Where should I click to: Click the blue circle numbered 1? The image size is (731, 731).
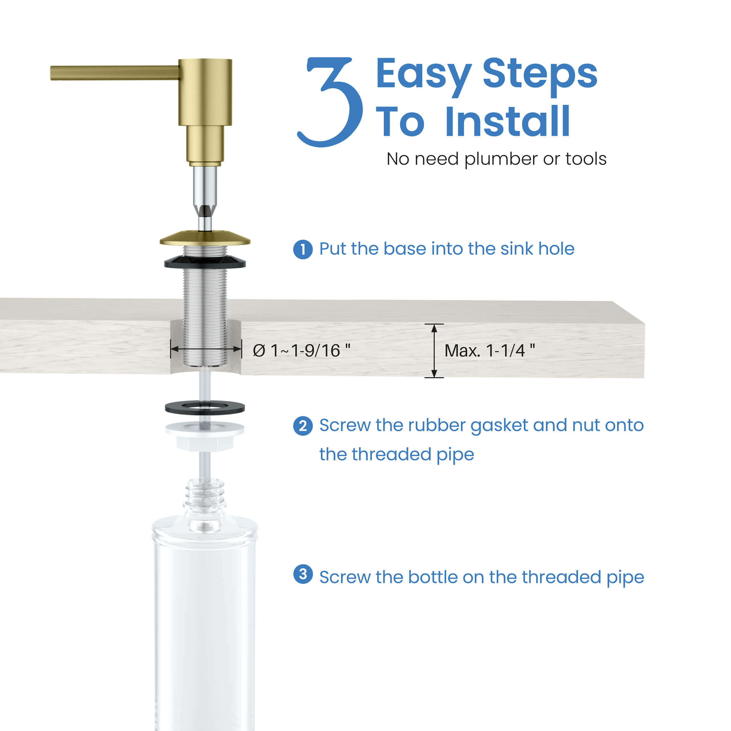[x=303, y=250]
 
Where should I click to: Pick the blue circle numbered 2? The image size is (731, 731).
[x=303, y=426]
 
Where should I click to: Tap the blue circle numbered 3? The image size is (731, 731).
[x=303, y=574]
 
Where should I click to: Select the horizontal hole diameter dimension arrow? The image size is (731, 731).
[x=206, y=349]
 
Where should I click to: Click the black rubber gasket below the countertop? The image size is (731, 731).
[x=205, y=408]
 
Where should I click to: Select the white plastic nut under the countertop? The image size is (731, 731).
[x=205, y=437]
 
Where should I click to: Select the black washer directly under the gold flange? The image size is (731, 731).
[x=205, y=262]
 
